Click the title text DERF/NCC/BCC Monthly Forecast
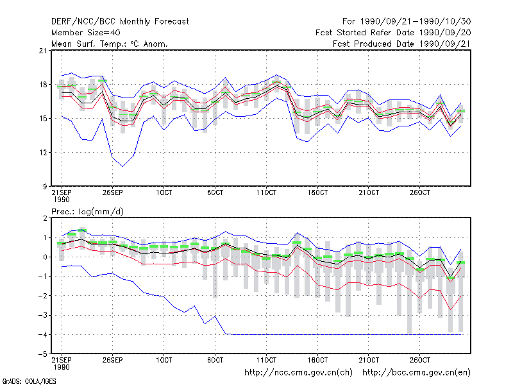(120, 22)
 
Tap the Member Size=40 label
(86, 33)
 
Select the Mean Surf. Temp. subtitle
(109, 44)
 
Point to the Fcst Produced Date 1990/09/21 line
(402, 44)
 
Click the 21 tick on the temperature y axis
(43, 51)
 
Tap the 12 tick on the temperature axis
(43, 153)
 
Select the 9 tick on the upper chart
(45, 187)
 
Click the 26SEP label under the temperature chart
(113, 193)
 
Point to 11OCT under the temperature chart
(266, 193)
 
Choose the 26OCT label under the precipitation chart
(420, 360)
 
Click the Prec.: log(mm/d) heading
(88, 212)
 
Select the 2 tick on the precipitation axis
(45, 218)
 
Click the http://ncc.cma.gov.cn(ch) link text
(298, 373)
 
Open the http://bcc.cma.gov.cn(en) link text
(416, 373)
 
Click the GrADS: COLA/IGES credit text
(29, 381)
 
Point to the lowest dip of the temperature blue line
(122, 166)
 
